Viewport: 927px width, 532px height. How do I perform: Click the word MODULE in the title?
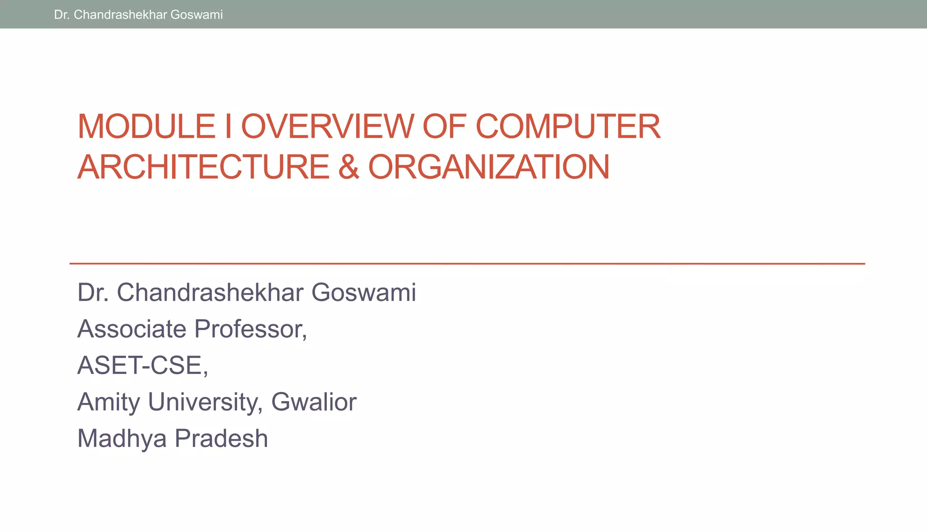point(146,126)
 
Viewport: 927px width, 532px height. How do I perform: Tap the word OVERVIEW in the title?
point(327,126)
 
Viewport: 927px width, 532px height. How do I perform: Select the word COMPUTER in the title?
point(568,126)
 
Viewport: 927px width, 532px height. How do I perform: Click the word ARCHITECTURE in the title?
point(203,167)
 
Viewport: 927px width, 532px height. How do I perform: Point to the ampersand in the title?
point(349,167)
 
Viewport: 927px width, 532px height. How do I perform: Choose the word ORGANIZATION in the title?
point(489,167)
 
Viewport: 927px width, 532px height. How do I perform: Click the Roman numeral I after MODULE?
point(228,126)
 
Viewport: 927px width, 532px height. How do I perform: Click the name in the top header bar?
point(138,14)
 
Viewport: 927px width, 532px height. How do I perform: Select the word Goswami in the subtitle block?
point(363,292)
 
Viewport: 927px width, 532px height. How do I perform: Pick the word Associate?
point(132,329)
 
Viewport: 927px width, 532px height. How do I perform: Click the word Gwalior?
point(314,402)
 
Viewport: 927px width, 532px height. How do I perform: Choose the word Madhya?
point(122,439)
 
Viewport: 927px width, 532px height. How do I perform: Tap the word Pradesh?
point(221,439)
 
